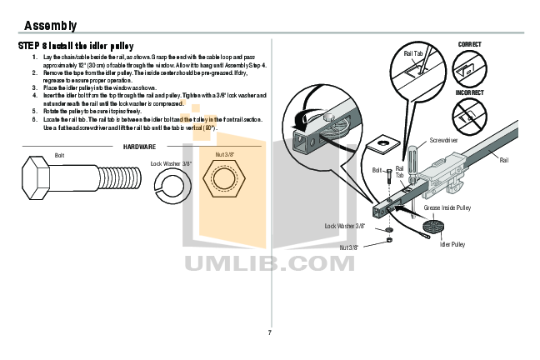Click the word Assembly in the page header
point(51,26)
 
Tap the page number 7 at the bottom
point(269,333)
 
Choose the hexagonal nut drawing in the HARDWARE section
point(225,182)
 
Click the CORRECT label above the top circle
point(469,43)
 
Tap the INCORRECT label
point(469,92)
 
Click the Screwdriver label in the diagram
point(443,141)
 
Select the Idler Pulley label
point(452,243)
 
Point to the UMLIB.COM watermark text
point(269,265)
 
